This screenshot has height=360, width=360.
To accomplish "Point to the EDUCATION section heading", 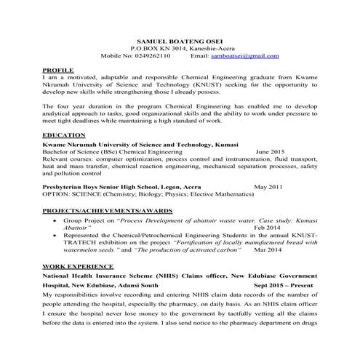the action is tap(63, 136).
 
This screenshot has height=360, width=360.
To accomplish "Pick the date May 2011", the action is tap(268, 187).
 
